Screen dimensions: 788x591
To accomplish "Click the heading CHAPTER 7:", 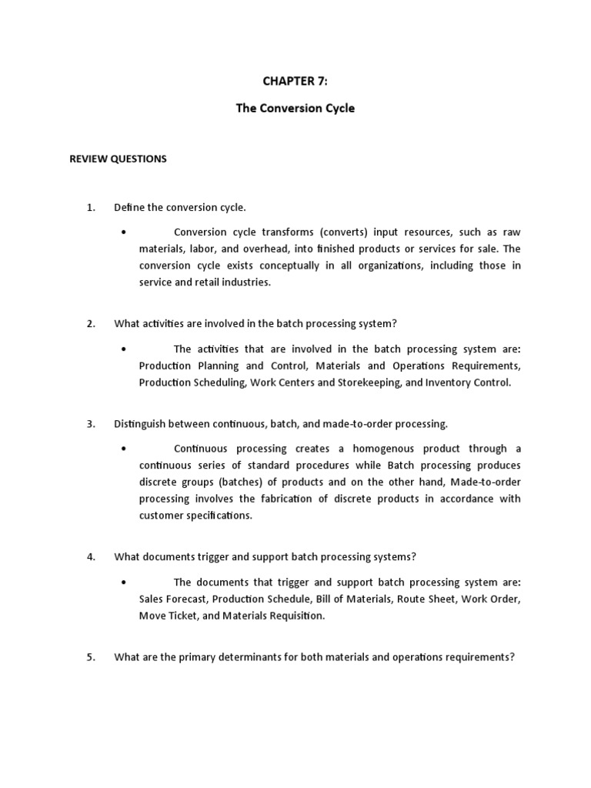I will pos(295,82).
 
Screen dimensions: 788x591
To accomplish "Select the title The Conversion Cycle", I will pos(295,109).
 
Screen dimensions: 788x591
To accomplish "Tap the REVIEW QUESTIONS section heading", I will pos(118,159).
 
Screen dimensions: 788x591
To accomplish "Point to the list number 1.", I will pos(91,207).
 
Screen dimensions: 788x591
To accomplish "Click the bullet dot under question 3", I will pos(124,449).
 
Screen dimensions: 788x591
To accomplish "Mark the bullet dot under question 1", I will pos(124,232).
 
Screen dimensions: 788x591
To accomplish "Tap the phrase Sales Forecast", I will pos(172,598).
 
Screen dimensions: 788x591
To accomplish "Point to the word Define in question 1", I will pos(129,207).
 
